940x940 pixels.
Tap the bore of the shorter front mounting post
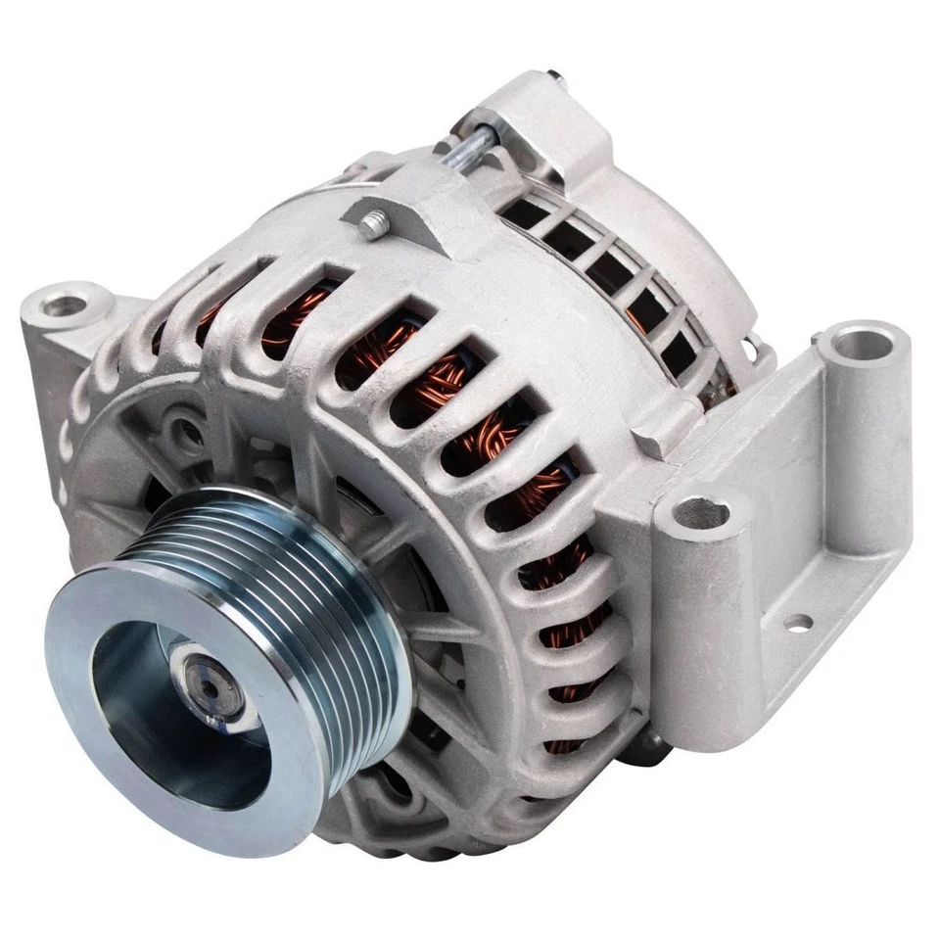703,510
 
